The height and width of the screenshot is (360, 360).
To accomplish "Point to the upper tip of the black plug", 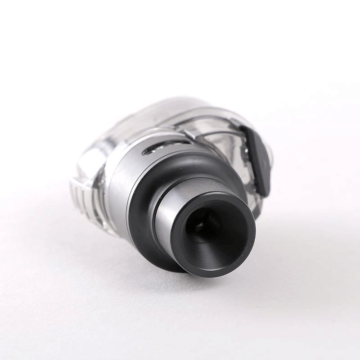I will point(246,130).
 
